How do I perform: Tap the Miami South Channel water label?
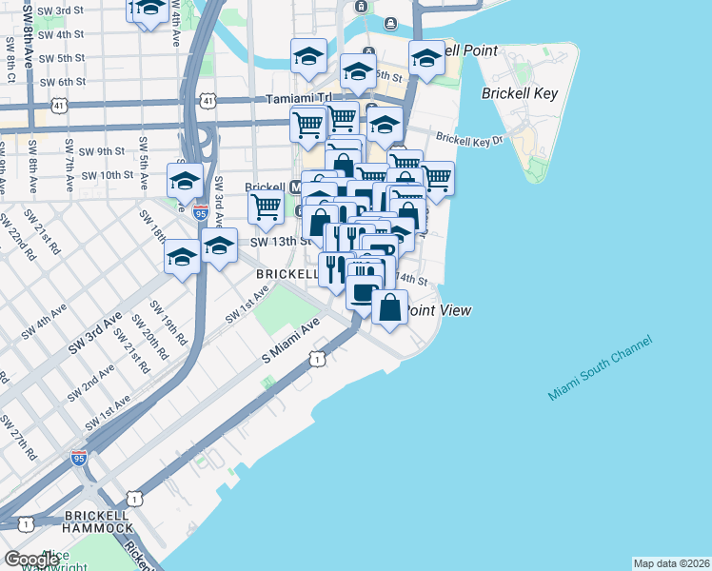point(600,368)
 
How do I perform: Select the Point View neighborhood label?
point(440,310)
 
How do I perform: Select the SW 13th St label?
point(282,242)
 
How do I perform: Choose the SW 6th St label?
point(57,82)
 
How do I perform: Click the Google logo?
point(31,560)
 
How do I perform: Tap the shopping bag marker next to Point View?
point(389,307)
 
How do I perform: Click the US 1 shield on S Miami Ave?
point(314,359)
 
